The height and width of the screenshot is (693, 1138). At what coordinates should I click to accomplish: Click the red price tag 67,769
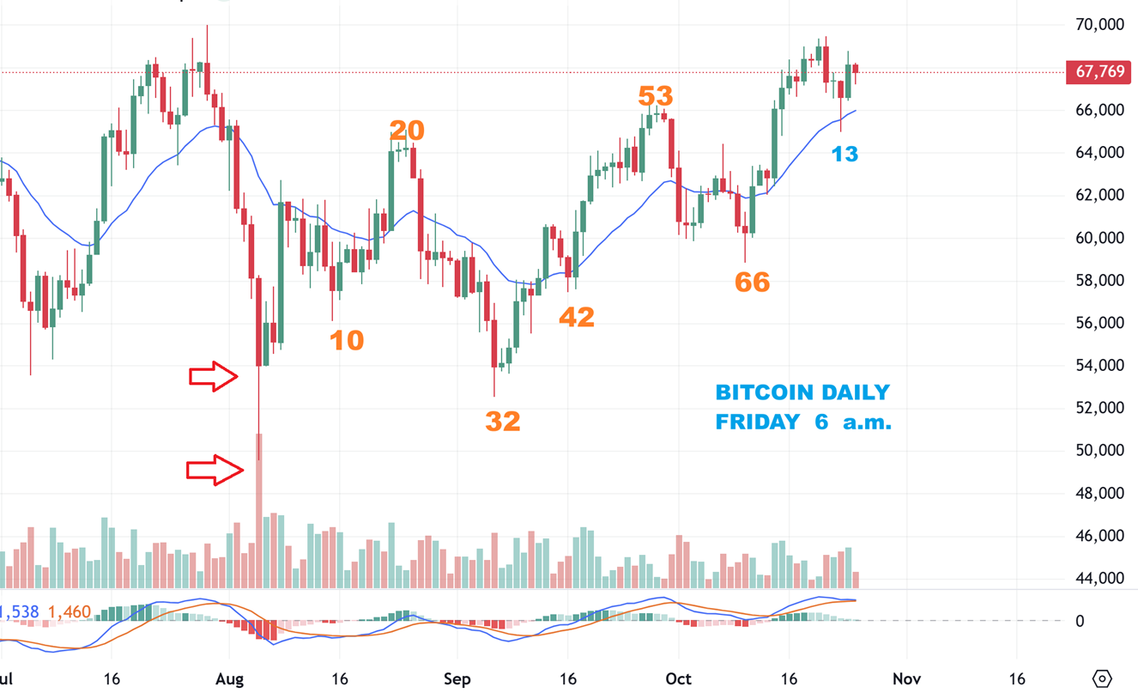pyautogui.click(x=1099, y=71)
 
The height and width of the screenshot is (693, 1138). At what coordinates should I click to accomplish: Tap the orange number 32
pyautogui.click(x=503, y=421)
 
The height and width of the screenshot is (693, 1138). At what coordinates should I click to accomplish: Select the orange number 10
pyautogui.click(x=347, y=340)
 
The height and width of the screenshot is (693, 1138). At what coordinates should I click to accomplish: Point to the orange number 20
pyautogui.click(x=407, y=131)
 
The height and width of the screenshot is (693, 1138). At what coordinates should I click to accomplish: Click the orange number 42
pyautogui.click(x=577, y=317)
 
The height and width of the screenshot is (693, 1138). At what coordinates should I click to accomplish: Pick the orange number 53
pyautogui.click(x=656, y=95)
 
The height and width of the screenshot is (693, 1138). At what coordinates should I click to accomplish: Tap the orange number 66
pyautogui.click(x=752, y=282)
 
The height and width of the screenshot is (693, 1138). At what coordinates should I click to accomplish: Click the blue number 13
pyautogui.click(x=844, y=154)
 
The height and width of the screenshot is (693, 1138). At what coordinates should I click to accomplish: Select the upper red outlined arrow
pyautogui.click(x=214, y=375)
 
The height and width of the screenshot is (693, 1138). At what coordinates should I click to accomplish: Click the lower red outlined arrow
pyautogui.click(x=215, y=469)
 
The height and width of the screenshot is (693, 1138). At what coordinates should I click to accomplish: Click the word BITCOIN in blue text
pyautogui.click(x=753, y=392)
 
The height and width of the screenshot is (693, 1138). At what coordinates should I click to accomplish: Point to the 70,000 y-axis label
pyautogui.click(x=1099, y=25)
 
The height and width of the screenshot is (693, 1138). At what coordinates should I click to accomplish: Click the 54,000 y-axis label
pyautogui.click(x=1099, y=365)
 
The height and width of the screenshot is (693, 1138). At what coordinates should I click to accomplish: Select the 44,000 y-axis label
pyautogui.click(x=1099, y=578)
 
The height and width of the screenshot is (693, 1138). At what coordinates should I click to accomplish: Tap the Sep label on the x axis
pyautogui.click(x=457, y=679)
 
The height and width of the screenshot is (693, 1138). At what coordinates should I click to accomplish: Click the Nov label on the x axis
pyautogui.click(x=906, y=679)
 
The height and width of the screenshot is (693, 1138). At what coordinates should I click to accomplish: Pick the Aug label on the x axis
pyautogui.click(x=230, y=679)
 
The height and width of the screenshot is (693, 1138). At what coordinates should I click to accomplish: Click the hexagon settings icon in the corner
pyautogui.click(x=1103, y=678)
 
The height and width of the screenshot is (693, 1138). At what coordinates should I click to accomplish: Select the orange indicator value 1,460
pyautogui.click(x=69, y=612)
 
